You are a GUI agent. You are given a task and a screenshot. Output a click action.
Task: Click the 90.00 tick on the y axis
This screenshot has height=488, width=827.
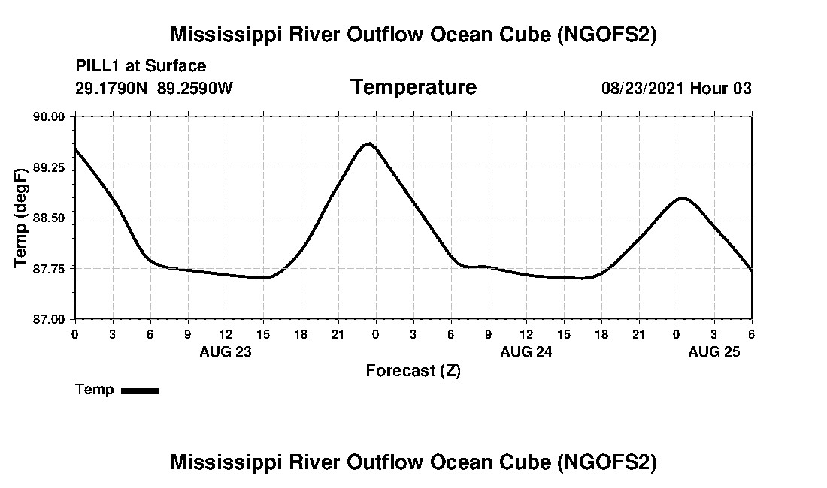(x=50, y=116)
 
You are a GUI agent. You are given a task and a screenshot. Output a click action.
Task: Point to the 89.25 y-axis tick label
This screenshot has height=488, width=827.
(x=50, y=167)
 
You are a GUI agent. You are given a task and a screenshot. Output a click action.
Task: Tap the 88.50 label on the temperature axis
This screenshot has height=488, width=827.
(x=50, y=218)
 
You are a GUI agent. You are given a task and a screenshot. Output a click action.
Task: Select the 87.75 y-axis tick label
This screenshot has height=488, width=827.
(x=50, y=269)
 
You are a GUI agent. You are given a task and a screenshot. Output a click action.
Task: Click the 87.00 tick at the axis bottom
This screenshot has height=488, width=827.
(x=50, y=319)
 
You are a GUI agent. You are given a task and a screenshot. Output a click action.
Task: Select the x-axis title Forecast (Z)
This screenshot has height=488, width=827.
(x=413, y=370)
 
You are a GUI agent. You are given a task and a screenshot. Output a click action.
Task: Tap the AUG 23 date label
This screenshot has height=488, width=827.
(x=226, y=351)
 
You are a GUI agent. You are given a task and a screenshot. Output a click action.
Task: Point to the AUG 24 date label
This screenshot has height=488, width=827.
(x=526, y=351)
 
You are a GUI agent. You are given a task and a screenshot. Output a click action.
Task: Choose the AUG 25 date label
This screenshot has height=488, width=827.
(x=714, y=351)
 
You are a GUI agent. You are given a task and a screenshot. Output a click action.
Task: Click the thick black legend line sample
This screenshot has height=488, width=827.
(x=140, y=390)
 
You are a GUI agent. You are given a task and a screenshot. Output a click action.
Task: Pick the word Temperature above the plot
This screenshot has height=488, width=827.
(x=413, y=88)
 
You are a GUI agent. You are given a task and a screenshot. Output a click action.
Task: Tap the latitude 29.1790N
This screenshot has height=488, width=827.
(x=112, y=89)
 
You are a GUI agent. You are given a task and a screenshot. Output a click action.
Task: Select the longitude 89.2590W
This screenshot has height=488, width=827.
(x=195, y=89)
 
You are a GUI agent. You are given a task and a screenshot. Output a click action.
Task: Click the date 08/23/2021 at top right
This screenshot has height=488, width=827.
(x=642, y=89)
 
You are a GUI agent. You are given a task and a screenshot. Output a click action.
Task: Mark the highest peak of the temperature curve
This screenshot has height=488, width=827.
(x=368, y=143)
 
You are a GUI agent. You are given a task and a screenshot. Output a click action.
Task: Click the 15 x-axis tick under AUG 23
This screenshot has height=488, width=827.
(x=263, y=333)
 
